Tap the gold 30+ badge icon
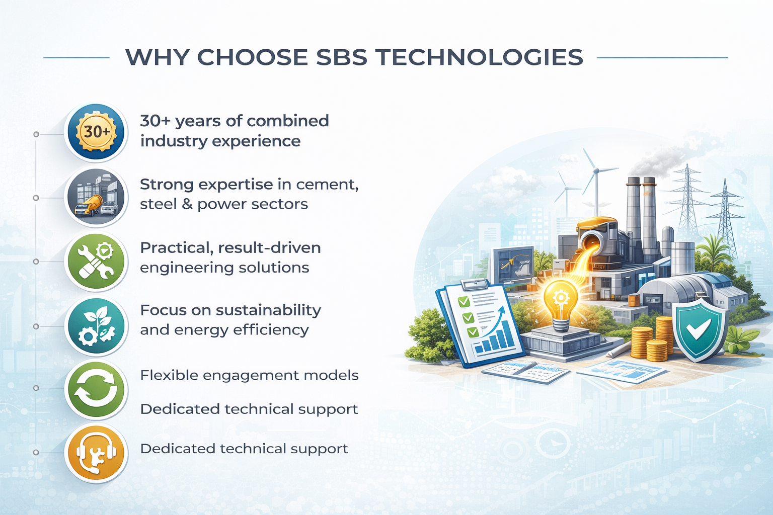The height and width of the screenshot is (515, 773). click(x=96, y=132)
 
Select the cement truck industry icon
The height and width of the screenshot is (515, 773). click(x=96, y=197)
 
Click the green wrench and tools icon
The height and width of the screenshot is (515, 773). click(x=96, y=261)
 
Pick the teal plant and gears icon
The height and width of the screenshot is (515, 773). click(x=96, y=325)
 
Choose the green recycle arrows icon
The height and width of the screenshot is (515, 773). click(x=96, y=389)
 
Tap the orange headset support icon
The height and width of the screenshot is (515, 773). click(x=96, y=453)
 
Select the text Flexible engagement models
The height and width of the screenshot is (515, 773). click(x=249, y=376)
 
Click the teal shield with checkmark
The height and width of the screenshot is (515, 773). click(x=699, y=329)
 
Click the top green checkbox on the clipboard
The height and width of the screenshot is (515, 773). click(x=463, y=302)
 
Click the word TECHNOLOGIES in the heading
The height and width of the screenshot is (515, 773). click(x=479, y=57)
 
